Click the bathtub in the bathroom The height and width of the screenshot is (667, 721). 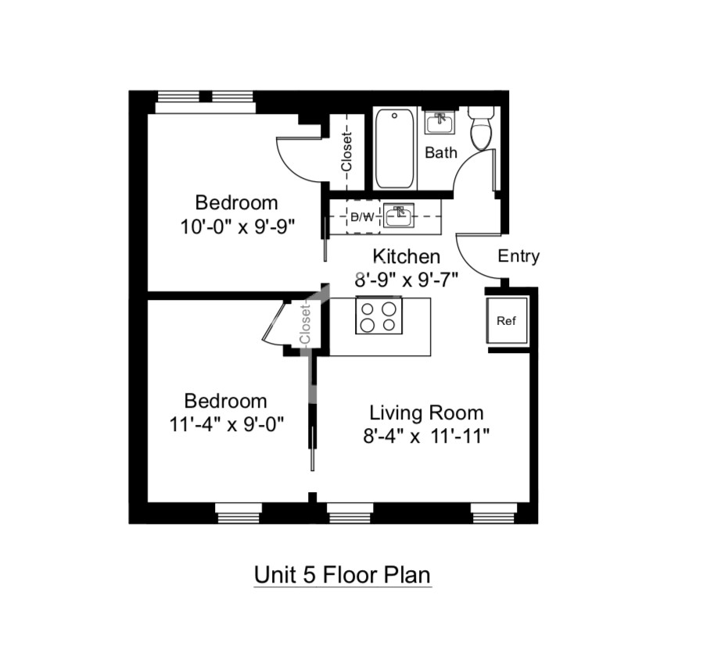tap(394, 148)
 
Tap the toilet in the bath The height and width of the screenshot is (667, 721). tap(481, 128)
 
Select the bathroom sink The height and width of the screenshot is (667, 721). tap(439, 122)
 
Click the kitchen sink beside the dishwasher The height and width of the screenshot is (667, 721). tap(398, 216)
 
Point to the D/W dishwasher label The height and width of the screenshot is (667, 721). tap(362, 217)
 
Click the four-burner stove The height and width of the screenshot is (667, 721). tap(378, 316)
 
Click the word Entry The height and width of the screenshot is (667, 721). tap(518, 256)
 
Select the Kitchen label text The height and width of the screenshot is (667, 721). tap(406, 256)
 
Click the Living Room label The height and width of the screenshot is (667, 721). tap(426, 412)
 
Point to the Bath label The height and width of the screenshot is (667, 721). tap(441, 152)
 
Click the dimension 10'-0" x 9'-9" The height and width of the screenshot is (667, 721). tap(237, 226)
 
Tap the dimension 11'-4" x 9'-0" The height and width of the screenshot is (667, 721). tap(227, 424)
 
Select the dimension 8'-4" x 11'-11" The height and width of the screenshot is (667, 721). tap(426, 436)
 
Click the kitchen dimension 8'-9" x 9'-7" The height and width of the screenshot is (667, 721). tap(407, 279)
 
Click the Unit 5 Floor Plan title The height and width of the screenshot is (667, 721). tap(342, 575)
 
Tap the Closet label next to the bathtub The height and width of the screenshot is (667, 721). tap(346, 152)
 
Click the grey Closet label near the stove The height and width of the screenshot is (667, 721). tap(305, 323)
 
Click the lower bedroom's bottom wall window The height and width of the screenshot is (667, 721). tap(239, 513)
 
